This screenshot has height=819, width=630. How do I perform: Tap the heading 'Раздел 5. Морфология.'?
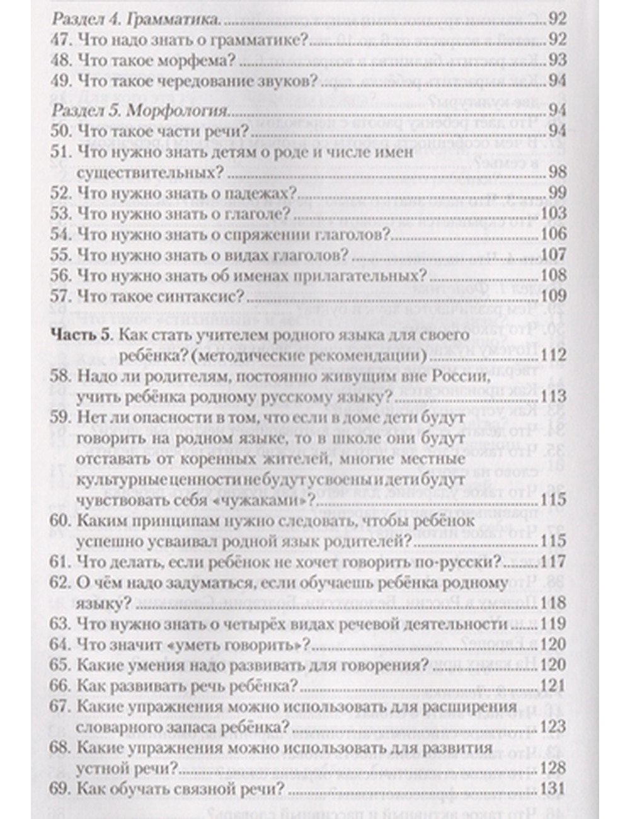click(x=139, y=112)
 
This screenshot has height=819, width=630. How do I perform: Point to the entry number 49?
click(x=61, y=81)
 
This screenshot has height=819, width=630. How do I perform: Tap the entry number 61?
click(x=61, y=561)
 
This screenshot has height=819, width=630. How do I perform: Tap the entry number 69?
click(x=61, y=789)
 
